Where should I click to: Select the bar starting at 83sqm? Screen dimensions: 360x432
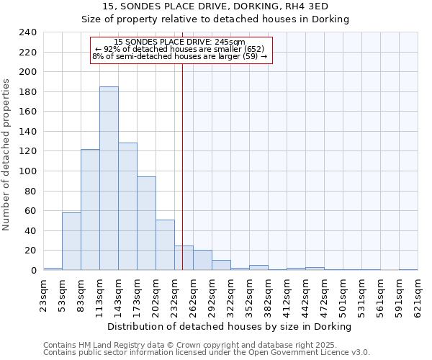pos(90,210)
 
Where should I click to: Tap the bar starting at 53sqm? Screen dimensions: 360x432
pos(71,241)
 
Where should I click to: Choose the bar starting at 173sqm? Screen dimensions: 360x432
pos(146,223)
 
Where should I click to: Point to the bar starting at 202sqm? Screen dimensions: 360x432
pos(165,245)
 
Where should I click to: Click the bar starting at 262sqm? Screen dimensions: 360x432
pos(202,261)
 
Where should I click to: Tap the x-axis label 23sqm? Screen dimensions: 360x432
pos(43,293)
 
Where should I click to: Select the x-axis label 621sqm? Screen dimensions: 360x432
pos(418,293)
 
